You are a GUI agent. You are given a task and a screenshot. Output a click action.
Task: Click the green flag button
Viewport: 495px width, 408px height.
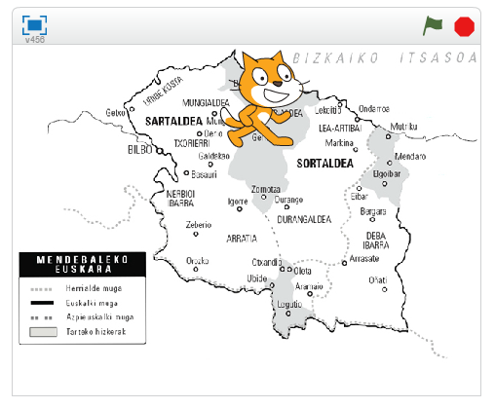point(432,25)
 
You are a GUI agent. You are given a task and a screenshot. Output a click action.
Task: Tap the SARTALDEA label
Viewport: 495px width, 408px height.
point(172,122)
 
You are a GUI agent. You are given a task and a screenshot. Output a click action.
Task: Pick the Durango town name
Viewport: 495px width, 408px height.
point(288,200)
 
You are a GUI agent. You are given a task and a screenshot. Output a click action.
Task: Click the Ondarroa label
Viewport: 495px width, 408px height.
point(374,109)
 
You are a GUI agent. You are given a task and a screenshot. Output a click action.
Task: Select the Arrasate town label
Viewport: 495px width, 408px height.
point(363,259)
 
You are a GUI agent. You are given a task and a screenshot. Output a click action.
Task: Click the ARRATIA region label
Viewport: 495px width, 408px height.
point(241,238)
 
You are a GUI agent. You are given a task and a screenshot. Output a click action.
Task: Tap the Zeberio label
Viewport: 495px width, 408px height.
point(198,225)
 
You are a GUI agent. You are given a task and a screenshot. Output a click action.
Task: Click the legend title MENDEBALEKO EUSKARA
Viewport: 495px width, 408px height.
point(82,265)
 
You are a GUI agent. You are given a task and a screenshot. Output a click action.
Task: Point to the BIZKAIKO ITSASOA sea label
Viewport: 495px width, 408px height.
point(386,57)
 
